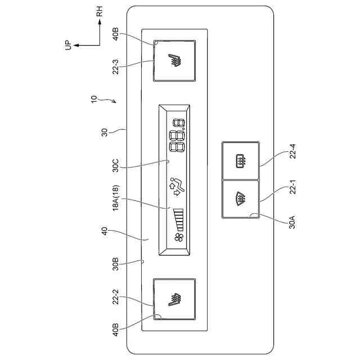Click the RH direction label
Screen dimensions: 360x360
(100, 12)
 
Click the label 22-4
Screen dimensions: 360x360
(292, 150)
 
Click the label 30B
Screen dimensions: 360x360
(115, 264)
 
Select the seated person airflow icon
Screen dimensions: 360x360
(176, 187)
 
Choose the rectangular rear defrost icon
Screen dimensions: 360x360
(240, 161)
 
